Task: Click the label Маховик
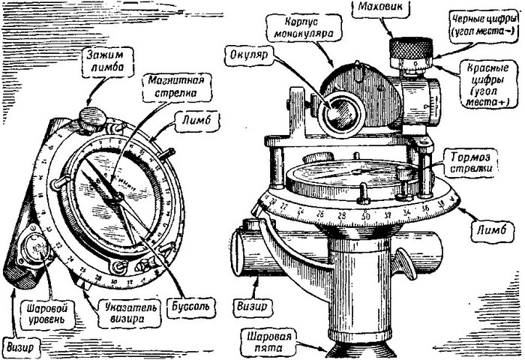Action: point(385,9)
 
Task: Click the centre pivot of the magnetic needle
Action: point(118,196)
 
